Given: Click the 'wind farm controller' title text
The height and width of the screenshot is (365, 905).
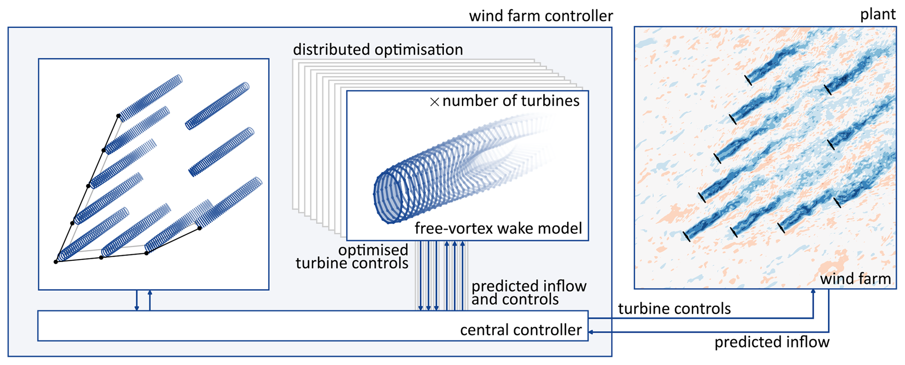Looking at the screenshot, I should coord(541,16).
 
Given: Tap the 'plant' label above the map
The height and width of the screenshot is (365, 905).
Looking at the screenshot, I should coord(877,14).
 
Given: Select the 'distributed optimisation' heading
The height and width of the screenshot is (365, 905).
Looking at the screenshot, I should coord(378,50).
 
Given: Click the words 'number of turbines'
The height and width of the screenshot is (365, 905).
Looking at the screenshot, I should coord(511,101).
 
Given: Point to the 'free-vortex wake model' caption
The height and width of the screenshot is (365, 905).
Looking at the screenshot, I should coord(498,228).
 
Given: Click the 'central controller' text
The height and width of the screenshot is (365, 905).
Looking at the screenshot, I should coord(521,330).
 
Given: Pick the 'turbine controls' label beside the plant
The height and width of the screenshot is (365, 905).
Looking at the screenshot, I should coord(674,309).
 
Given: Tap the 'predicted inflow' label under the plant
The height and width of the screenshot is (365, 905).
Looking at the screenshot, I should coord(771,342).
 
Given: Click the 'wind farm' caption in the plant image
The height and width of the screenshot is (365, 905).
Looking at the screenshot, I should coord(855,279).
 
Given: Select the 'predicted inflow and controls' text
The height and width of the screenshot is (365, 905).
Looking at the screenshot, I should coord(528,293).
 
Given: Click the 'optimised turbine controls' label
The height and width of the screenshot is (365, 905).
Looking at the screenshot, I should coord(352,256).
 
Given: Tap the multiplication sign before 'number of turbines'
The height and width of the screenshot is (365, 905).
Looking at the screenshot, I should coord(434,102).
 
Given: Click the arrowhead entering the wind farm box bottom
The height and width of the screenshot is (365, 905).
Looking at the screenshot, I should coord(813,291).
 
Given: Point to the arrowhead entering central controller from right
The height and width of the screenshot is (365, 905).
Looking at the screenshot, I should coord(591,332).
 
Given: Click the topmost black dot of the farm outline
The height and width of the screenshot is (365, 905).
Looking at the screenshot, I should coord(118,116).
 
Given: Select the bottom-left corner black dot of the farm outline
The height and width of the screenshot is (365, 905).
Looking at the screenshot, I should coord(56,262).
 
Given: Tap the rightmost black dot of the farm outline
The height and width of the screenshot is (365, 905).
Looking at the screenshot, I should coord(200,228).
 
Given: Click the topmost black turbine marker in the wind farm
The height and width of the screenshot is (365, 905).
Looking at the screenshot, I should coord(748,80).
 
